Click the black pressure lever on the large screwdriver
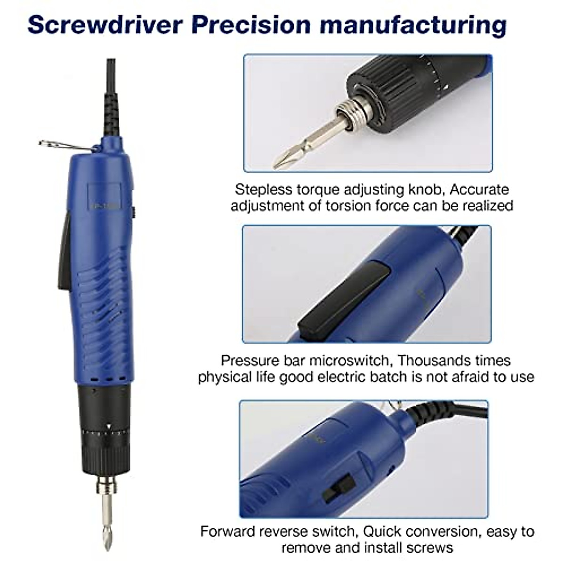pos(65,252)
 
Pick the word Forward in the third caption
pos(230,532)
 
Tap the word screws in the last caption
pos(429,548)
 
